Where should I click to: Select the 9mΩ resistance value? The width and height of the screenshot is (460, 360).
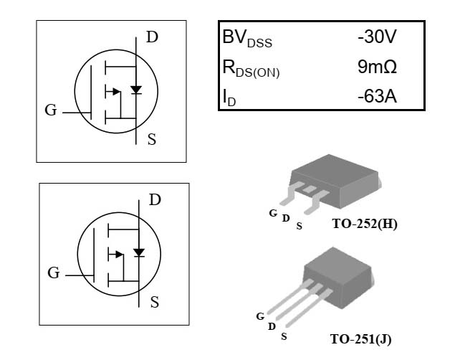point(377,67)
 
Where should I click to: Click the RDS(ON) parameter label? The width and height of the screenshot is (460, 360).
point(251,68)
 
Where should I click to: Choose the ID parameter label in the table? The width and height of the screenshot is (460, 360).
point(229,97)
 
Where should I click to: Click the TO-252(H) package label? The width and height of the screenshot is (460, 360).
point(365,224)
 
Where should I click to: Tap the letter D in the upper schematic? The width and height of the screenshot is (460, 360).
point(152,37)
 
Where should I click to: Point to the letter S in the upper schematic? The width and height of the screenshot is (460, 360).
point(151,139)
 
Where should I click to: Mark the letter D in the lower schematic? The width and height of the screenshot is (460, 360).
point(155,200)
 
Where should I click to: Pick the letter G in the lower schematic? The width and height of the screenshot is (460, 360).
point(54,273)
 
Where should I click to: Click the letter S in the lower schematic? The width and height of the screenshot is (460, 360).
point(154,302)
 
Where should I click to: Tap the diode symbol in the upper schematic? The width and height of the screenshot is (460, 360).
point(136,90)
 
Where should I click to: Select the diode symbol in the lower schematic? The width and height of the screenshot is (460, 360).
point(139,252)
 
